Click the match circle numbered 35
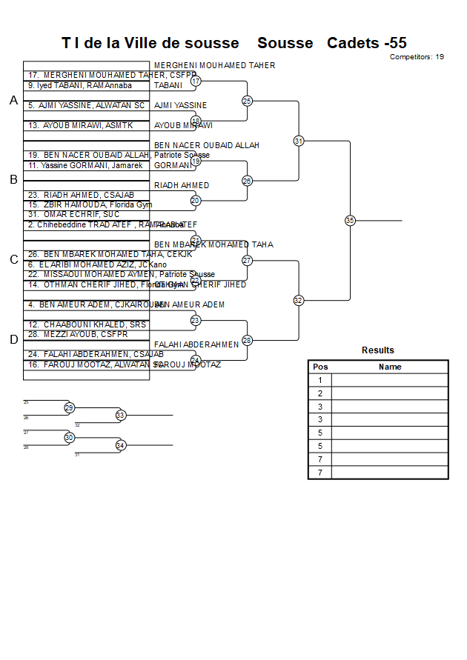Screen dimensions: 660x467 [x=350, y=220]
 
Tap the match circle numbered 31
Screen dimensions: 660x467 [x=299, y=141]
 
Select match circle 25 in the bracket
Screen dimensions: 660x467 [x=247, y=101]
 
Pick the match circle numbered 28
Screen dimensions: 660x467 [x=247, y=340]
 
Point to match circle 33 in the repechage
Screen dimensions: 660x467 [x=121, y=416]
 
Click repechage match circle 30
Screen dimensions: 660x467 [x=69, y=438]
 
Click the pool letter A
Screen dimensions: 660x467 [x=13, y=101]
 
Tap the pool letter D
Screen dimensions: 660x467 [x=13, y=340]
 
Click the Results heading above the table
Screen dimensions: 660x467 [x=378, y=350]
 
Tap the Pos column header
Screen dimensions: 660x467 [x=320, y=367]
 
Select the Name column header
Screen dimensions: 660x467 [x=390, y=367]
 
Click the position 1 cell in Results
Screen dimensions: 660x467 [x=320, y=380]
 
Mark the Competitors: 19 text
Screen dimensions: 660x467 [x=417, y=56]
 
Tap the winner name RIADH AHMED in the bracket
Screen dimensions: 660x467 [x=182, y=185]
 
